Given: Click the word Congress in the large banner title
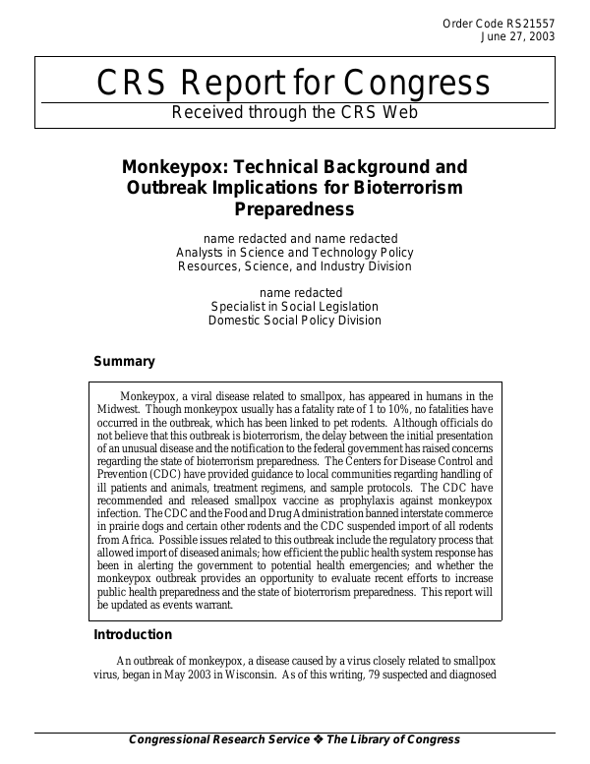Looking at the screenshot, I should (x=412, y=85).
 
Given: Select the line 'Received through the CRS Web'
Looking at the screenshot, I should (x=295, y=112).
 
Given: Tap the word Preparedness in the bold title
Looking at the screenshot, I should (x=294, y=208).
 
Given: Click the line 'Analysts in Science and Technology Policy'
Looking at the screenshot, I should (x=294, y=253).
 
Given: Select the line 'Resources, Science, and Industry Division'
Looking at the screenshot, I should (x=294, y=266).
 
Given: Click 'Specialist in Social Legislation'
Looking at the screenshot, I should (x=294, y=307).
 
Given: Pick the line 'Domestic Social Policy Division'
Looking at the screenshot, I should (x=294, y=321).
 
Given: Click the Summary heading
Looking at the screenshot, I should (x=124, y=362).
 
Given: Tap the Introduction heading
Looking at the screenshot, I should (x=133, y=635).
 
